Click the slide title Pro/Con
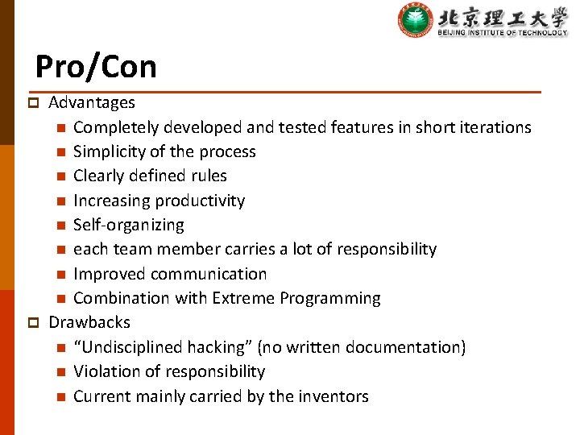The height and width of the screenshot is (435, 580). (x=96, y=66)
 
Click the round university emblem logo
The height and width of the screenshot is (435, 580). (x=415, y=20)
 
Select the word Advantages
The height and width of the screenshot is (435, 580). (x=92, y=102)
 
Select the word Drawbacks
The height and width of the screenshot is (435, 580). (x=89, y=322)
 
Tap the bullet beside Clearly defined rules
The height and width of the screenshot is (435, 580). (x=61, y=176)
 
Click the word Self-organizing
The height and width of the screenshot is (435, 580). (x=128, y=225)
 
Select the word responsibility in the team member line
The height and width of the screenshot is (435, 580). (x=384, y=249)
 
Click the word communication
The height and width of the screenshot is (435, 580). (x=212, y=274)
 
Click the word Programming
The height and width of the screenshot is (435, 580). (x=330, y=298)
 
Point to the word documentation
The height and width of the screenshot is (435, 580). (x=410, y=347)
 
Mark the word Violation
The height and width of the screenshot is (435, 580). (x=106, y=371)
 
